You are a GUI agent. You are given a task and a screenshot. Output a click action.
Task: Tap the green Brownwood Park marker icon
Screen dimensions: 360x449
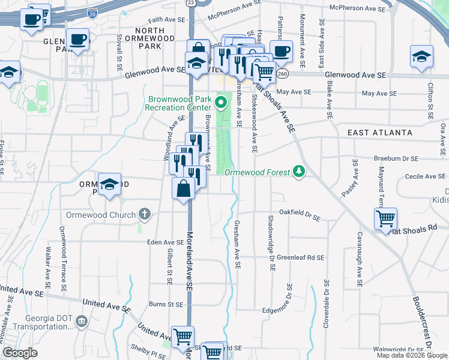tap(221, 102)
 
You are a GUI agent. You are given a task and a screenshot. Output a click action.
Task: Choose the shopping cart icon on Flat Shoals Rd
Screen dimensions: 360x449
tap(385, 218)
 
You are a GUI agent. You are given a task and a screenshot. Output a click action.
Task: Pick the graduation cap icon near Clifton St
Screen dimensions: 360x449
tap(421, 57)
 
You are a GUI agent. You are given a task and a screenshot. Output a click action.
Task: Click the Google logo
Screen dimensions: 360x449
tap(20, 353)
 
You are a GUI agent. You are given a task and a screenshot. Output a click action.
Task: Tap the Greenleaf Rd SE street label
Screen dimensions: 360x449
tap(300, 257)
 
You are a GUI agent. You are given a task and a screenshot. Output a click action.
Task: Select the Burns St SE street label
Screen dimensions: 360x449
tap(166, 304)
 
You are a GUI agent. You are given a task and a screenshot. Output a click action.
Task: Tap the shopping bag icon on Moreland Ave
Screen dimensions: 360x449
tap(183, 190)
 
